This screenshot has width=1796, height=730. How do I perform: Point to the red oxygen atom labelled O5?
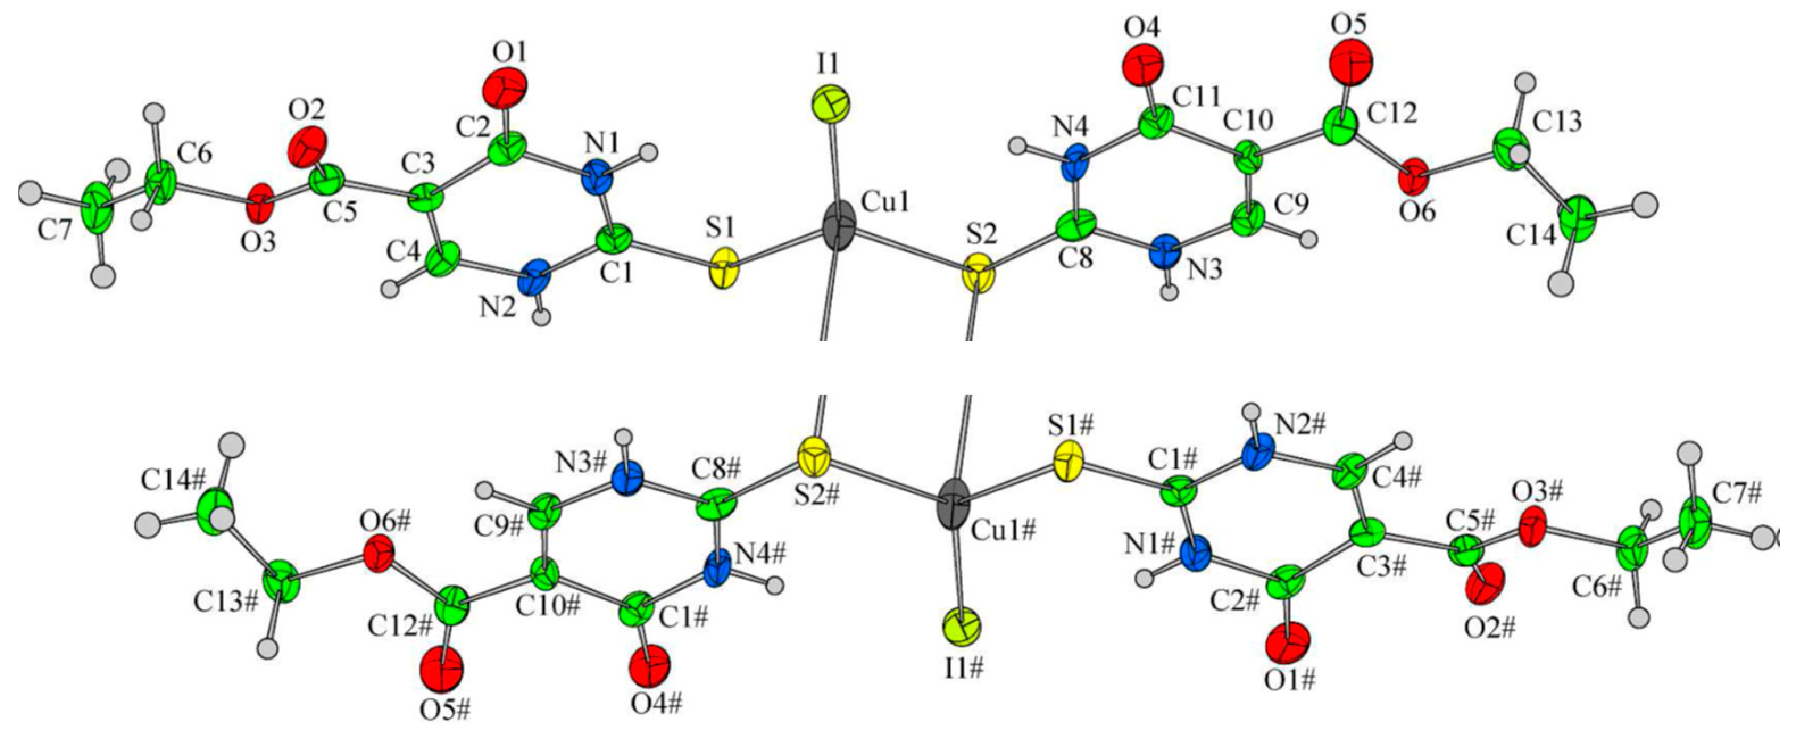pyautogui.click(x=1350, y=63)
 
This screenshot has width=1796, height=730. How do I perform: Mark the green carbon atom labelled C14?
pyautogui.click(x=1577, y=219)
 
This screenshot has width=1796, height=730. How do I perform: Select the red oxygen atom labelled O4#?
pyautogui.click(x=649, y=665)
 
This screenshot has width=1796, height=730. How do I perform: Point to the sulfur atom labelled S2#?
pyautogui.click(x=814, y=458)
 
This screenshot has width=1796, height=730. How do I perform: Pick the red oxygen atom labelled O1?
pyautogui.click(x=505, y=89)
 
